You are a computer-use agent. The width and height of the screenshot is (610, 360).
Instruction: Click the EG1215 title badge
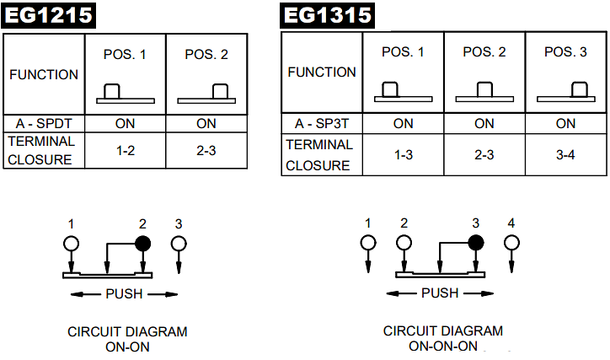[x=49, y=15]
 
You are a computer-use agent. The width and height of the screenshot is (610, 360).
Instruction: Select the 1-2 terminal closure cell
[x=125, y=150]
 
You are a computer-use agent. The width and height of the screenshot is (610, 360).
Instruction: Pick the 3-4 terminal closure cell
[x=566, y=155]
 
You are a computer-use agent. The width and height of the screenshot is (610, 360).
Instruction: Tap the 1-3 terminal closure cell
[x=403, y=155]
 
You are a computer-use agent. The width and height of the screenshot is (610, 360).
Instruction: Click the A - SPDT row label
[x=42, y=123]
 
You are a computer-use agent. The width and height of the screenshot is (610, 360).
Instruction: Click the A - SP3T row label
[x=320, y=123]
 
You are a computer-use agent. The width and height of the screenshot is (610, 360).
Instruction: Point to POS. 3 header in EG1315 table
[x=566, y=52]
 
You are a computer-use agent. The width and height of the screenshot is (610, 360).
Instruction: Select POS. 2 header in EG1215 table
[x=206, y=55]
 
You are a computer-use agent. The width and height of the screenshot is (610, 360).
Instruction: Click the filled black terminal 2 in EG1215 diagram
[x=142, y=244]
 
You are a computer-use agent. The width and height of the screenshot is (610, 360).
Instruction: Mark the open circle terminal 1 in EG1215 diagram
[x=72, y=244]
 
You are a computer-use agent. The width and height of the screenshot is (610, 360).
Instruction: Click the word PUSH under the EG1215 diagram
[x=124, y=294]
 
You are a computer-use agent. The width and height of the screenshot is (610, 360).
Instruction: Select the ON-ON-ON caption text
[x=442, y=346]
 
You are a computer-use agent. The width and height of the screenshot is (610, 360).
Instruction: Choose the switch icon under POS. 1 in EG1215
[x=125, y=94]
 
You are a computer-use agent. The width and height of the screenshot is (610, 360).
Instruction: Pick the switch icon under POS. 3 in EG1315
[x=566, y=91]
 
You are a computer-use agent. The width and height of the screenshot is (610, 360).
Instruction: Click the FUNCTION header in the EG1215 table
[x=44, y=74]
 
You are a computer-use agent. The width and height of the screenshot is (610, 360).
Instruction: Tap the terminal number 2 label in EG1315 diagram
[x=404, y=223]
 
